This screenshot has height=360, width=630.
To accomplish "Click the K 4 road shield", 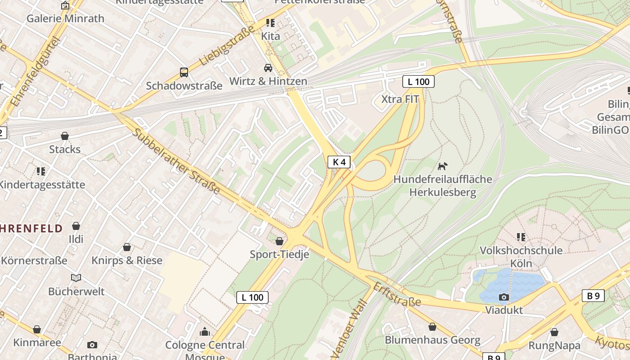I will (x=339, y=162).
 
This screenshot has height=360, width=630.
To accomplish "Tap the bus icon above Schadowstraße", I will (x=184, y=72).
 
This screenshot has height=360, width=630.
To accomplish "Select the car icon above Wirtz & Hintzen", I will (x=268, y=68).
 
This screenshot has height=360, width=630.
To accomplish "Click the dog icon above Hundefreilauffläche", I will (x=443, y=166).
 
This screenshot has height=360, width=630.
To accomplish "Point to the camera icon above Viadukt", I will (x=504, y=297).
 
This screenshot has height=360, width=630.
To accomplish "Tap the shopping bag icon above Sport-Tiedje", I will (x=279, y=242).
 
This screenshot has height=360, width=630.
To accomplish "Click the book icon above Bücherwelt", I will (x=76, y=278).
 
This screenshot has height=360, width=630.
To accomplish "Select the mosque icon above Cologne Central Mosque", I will (x=205, y=332).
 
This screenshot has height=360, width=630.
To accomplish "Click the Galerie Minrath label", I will (x=65, y=18).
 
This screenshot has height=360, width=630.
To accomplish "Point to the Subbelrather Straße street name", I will (x=176, y=161).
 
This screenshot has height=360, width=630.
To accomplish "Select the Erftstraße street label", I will (x=397, y=295).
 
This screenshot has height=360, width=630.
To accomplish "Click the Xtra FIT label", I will (x=400, y=99).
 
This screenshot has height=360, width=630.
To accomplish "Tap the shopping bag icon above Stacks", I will (x=65, y=136).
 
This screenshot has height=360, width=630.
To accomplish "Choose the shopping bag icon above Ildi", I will (x=76, y=226).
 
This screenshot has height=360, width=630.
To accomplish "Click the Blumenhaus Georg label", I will (x=432, y=340).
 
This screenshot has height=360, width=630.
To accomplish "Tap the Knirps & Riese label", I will (x=127, y=261).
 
